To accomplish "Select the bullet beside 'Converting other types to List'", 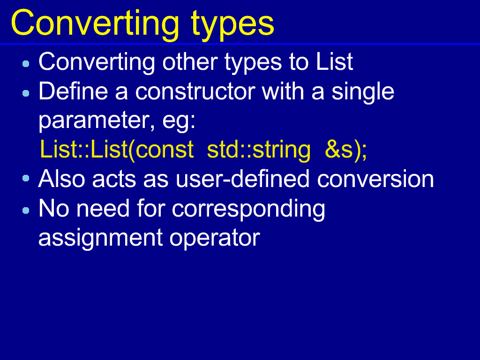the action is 26,64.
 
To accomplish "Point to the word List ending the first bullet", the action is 334,62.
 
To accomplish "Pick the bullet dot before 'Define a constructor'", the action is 26,93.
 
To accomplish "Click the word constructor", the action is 195,91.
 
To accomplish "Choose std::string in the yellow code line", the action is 259,150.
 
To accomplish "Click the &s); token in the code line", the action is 346,150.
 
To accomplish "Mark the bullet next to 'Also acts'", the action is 26,178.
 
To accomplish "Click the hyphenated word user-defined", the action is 242,179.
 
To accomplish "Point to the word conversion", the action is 375,179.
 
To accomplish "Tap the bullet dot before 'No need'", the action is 26,210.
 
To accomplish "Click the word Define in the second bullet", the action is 73,91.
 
